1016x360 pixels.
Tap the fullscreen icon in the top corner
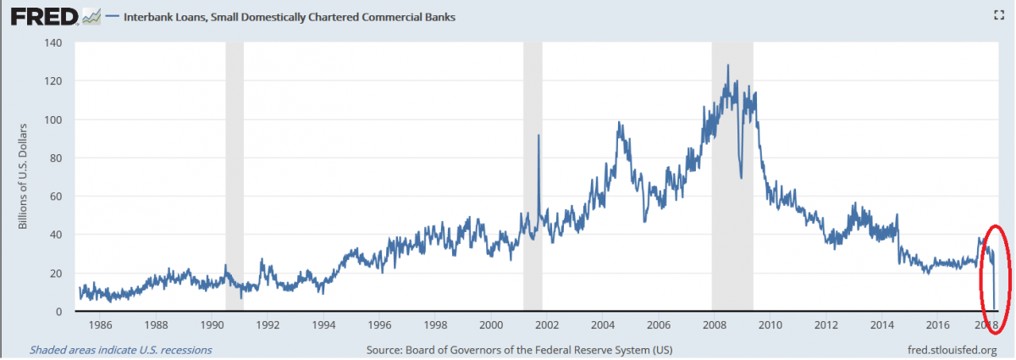coord(998,14)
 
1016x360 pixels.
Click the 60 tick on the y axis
coord(56,197)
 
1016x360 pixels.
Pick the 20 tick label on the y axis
coord(56,274)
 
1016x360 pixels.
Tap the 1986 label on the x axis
coord(100,325)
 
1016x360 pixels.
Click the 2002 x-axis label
coord(547,325)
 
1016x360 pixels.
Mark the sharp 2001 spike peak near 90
coord(538,136)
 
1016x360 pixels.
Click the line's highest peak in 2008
coord(727,65)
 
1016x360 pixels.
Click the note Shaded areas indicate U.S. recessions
coord(120,349)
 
